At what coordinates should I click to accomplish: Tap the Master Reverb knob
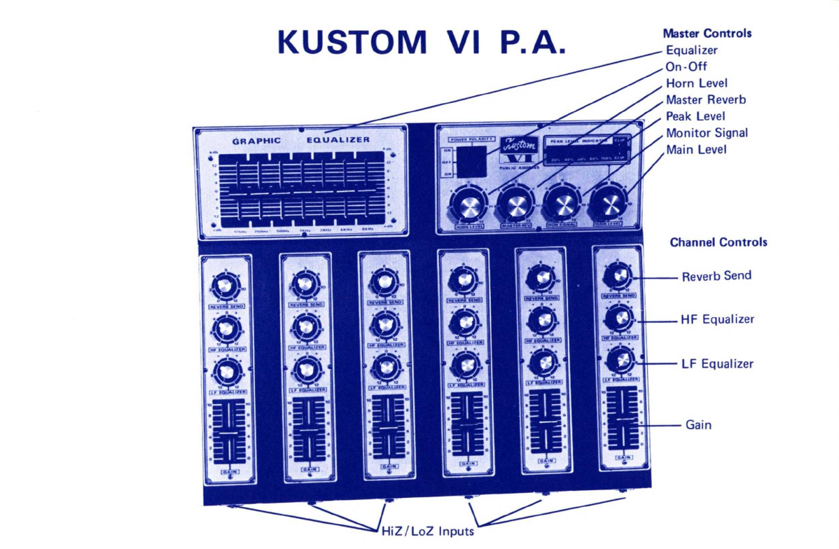(x=517, y=204)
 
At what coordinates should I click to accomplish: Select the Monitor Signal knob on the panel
(x=563, y=203)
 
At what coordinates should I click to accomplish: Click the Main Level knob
(x=609, y=203)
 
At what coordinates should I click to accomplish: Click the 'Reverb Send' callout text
(x=716, y=276)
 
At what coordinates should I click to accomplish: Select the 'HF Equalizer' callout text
(x=717, y=319)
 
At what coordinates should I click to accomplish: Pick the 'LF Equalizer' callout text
(x=717, y=364)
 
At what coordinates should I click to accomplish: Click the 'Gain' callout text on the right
(x=698, y=424)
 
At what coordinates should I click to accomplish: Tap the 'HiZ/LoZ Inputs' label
(x=427, y=531)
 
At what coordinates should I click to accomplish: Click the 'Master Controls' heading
(x=707, y=33)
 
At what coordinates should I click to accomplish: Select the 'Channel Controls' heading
(x=719, y=242)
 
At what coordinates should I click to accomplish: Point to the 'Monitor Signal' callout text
(x=707, y=133)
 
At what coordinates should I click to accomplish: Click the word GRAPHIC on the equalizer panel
(x=256, y=140)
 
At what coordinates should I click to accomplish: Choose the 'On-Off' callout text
(x=686, y=67)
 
